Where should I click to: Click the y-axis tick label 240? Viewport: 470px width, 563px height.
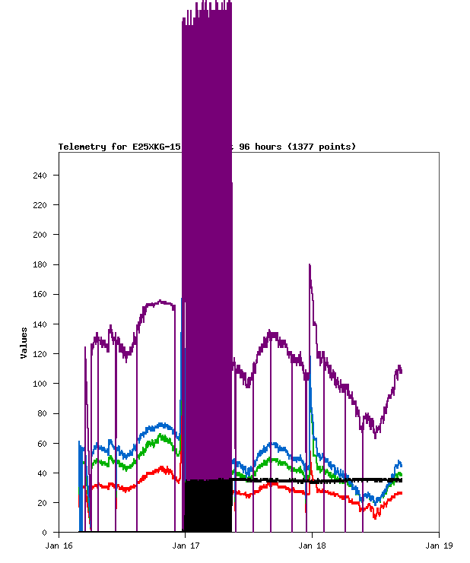tap(40, 176)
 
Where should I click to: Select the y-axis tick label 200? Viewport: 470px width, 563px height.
tap(40, 235)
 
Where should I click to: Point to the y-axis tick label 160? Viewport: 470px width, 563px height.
tap(40, 294)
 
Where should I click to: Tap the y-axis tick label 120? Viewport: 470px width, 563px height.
tap(40, 354)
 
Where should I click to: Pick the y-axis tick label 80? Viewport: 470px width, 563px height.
tap(42, 413)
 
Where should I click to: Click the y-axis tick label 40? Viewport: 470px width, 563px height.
tap(42, 473)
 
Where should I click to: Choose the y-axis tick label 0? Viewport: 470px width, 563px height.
tap(44, 532)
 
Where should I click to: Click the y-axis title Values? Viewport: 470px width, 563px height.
tap(24, 343)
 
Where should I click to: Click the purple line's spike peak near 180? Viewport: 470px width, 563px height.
tap(310, 265)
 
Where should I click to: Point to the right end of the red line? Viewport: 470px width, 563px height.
tap(402, 493)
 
